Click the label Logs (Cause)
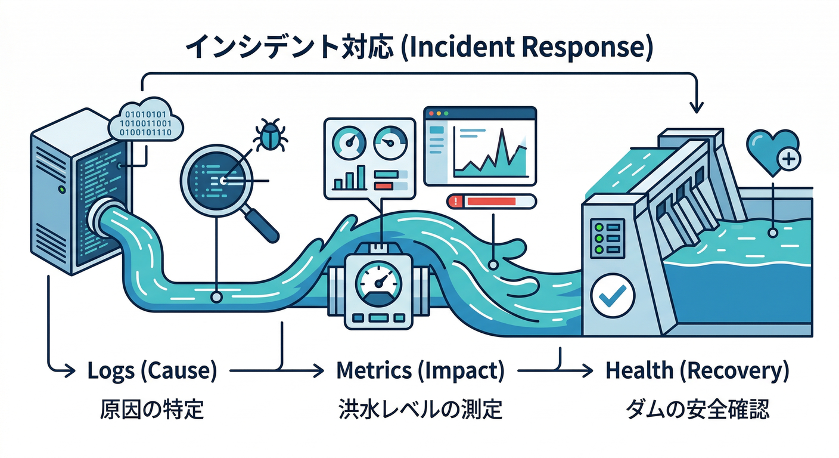[x=152, y=371]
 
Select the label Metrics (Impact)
[x=420, y=371]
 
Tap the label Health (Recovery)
[x=697, y=371]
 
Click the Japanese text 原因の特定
[x=152, y=410]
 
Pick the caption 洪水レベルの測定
[x=420, y=410]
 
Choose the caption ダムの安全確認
[x=697, y=410]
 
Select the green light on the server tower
[x=61, y=190]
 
